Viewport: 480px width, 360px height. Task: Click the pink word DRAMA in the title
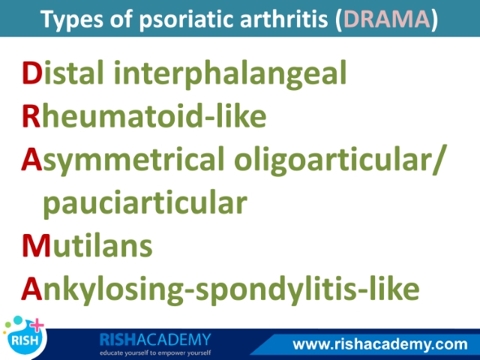(x=387, y=19)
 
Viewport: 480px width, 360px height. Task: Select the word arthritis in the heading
(x=284, y=18)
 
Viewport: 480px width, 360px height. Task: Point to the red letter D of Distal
(x=32, y=73)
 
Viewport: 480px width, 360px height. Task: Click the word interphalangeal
(x=230, y=74)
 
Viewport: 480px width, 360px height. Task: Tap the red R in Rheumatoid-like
(x=31, y=116)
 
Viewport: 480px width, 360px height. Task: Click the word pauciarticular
(x=145, y=203)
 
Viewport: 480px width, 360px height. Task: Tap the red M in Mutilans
(x=36, y=246)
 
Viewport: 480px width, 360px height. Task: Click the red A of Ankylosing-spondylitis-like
(x=31, y=289)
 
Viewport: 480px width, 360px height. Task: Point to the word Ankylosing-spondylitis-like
(x=220, y=289)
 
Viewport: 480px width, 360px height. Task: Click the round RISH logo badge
(x=24, y=339)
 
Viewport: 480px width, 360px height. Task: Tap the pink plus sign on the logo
(x=37, y=325)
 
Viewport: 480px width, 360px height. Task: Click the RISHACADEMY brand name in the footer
(x=155, y=340)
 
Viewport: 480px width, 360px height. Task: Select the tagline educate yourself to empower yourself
(x=155, y=352)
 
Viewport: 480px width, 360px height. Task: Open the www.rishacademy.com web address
(x=380, y=344)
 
